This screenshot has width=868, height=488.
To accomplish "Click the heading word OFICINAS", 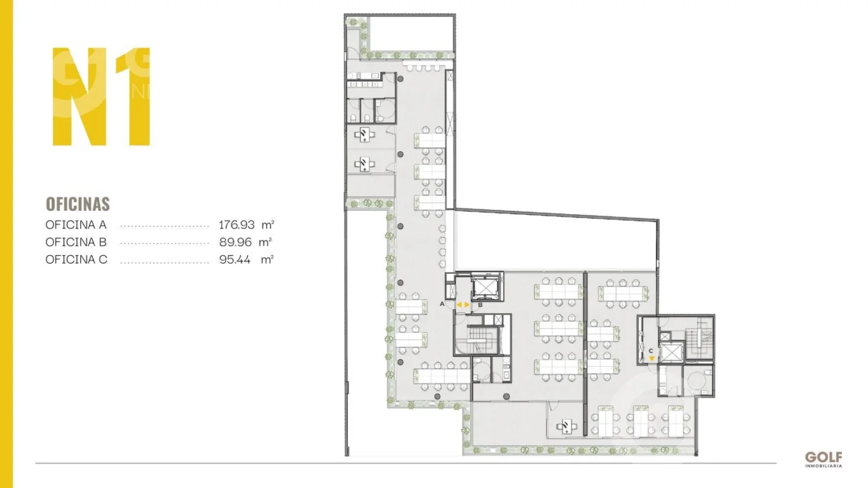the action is coord(78,204).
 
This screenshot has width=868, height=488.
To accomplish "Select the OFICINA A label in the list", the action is coord(76,225).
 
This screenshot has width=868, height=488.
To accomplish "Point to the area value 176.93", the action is coord(237,225).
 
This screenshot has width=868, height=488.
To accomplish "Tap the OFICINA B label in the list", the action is coord(76,242).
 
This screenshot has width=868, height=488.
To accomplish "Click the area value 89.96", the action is coord(235,242).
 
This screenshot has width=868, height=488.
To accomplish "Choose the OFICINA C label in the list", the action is coord(76,259).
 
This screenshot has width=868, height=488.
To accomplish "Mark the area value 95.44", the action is coord(235,259).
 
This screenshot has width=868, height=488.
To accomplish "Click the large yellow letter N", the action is coord(79,97).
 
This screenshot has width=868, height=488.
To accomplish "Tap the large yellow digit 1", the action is coord(134,97).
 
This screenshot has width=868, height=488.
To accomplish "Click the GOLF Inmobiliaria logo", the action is coord(823,459).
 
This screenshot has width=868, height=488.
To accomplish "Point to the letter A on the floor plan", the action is coord(442,304).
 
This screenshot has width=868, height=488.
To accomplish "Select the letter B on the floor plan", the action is coord(480,305).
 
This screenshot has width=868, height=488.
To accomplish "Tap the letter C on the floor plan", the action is coord(651,351).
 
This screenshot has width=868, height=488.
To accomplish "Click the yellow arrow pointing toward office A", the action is coord(459,305).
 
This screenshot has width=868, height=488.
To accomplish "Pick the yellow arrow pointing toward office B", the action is coord(467,305).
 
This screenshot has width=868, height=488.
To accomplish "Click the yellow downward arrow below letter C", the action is coord(652,358).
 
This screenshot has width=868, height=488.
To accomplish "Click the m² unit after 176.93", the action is coord(268,224).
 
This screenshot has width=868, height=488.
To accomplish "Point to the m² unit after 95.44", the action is coord(267,259).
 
